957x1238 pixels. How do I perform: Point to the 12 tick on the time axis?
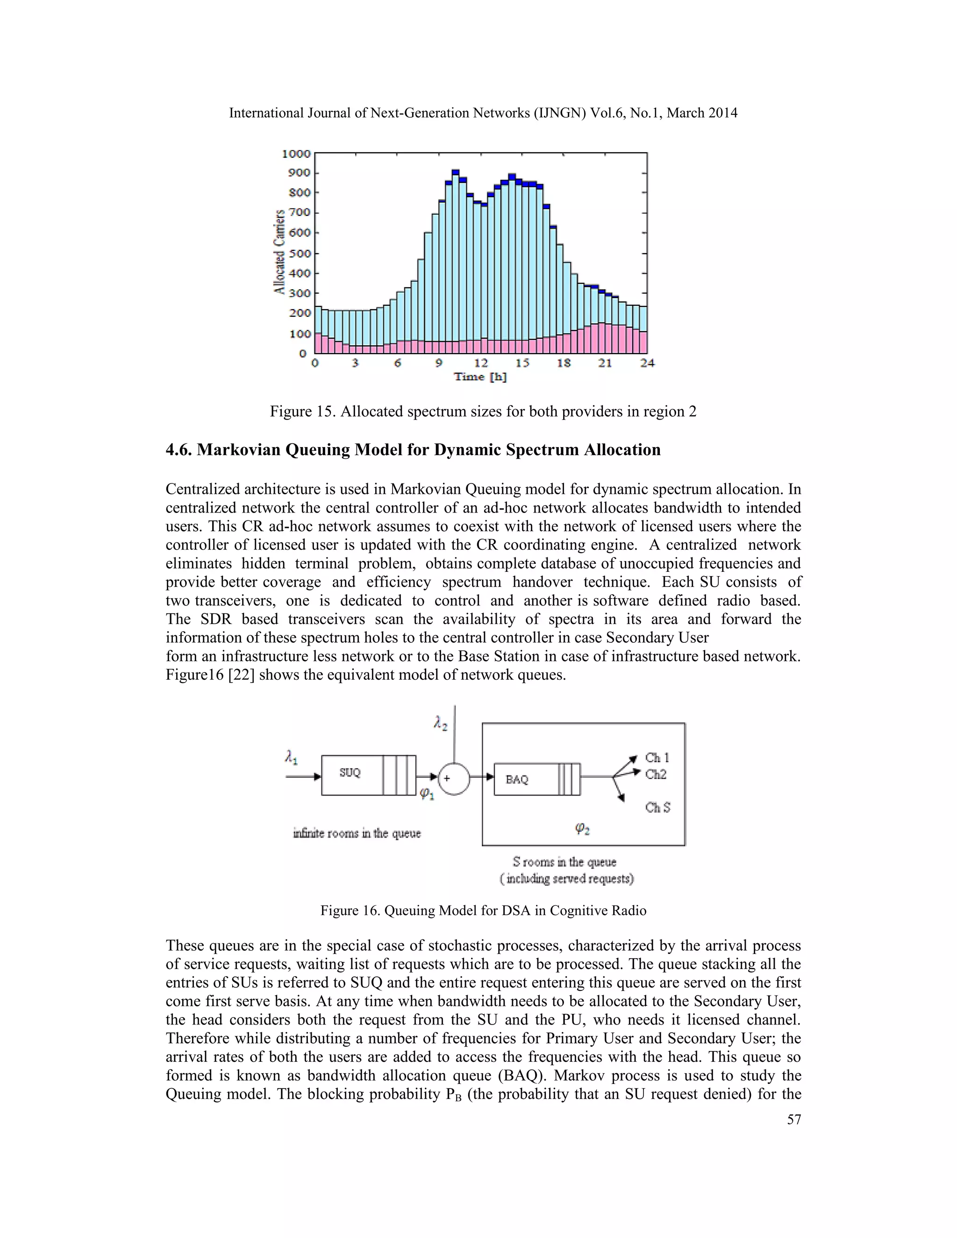coord(481,363)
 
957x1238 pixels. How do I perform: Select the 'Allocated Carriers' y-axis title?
coord(279,252)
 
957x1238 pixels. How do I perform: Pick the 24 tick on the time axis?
coord(647,363)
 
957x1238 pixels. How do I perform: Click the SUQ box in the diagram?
coord(350,773)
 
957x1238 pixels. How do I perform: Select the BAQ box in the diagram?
coord(517,780)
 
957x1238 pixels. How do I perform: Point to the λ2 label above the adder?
coord(441,723)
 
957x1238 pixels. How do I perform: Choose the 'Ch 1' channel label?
coord(657,757)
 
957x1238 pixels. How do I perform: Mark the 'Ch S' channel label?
coord(657,807)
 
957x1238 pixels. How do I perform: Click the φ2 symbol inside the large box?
coord(582,829)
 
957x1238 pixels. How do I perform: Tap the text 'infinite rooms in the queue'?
coord(357,833)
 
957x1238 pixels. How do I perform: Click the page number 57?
coord(794,1119)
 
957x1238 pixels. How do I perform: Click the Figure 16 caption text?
coord(483,911)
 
